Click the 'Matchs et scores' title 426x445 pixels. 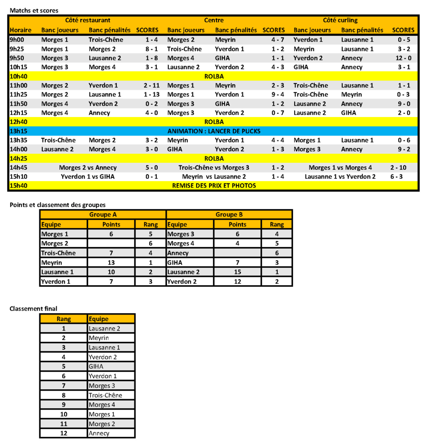click(34, 10)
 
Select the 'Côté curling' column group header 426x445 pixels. click(340, 20)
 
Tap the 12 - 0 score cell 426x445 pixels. click(403, 58)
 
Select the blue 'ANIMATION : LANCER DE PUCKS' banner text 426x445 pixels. click(213, 131)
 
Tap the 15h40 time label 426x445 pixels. click(19, 186)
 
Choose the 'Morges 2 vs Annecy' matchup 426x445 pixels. click(88, 168)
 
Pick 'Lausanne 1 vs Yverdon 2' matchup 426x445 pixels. click(340, 177)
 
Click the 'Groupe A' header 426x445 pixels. click(103, 215)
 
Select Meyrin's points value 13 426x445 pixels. click(111, 263)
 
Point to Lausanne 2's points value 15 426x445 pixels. click(237, 272)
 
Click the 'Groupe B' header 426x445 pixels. click(229, 215)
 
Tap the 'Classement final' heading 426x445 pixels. click(33, 308)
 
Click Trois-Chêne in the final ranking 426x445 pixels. click(105, 395)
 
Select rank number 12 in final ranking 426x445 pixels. click(64, 433)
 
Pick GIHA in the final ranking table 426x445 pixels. click(96, 367)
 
